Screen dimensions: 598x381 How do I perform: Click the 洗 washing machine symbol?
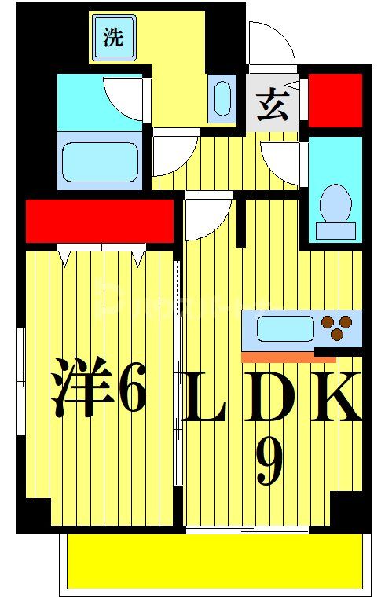click(113, 38)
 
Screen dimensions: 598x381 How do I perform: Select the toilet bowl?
click(335, 202)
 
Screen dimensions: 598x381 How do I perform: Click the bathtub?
click(100, 161)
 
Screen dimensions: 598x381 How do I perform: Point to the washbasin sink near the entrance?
click(222, 100)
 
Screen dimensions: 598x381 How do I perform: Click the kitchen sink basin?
click(285, 327)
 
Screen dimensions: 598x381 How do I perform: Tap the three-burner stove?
click(339, 328)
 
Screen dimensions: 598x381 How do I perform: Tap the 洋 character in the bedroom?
click(79, 388)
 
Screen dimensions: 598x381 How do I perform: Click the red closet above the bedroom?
click(99, 221)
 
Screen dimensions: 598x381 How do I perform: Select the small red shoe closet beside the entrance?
click(335, 100)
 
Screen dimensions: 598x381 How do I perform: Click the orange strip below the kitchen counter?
click(277, 358)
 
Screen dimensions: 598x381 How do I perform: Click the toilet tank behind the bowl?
click(335, 230)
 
